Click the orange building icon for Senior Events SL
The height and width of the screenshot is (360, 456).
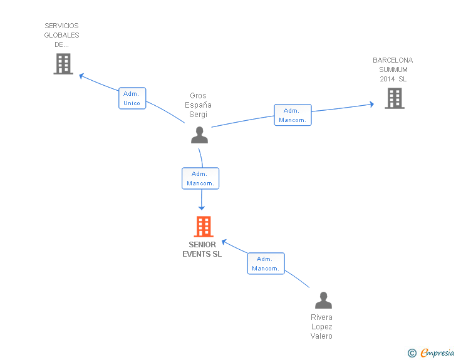coord(204,227)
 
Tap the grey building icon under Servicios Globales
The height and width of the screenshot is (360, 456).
coord(63,64)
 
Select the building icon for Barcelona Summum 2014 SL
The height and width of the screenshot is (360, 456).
coord(395,98)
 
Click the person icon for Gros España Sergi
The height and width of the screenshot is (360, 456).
coord(199,135)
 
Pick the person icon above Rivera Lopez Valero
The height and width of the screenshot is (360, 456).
coord(323,300)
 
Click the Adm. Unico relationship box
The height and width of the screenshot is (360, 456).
coord(132,98)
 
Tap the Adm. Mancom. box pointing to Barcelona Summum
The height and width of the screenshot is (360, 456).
coord(293,115)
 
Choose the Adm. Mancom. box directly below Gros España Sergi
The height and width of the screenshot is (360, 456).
coord(200,178)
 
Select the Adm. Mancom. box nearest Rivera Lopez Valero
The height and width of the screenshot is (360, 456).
coord(266,264)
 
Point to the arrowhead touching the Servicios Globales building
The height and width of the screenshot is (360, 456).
coord(81,76)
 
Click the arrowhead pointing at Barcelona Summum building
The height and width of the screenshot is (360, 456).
coord(371,105)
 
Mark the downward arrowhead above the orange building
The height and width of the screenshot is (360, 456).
coord(202,208)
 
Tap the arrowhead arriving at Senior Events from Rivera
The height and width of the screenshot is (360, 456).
coord(224,242)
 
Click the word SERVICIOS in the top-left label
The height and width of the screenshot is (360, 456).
coord(61,26)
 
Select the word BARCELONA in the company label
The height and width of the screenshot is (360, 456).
coord(393,60)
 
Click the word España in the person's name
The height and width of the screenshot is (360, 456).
coord(198,105)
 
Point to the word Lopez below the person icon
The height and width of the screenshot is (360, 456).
coord(322,327)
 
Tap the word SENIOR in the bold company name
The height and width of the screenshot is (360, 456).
coord(202,245)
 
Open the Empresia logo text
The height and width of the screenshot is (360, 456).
coord(437,353)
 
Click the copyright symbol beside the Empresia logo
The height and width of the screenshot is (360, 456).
coord(412,353)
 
